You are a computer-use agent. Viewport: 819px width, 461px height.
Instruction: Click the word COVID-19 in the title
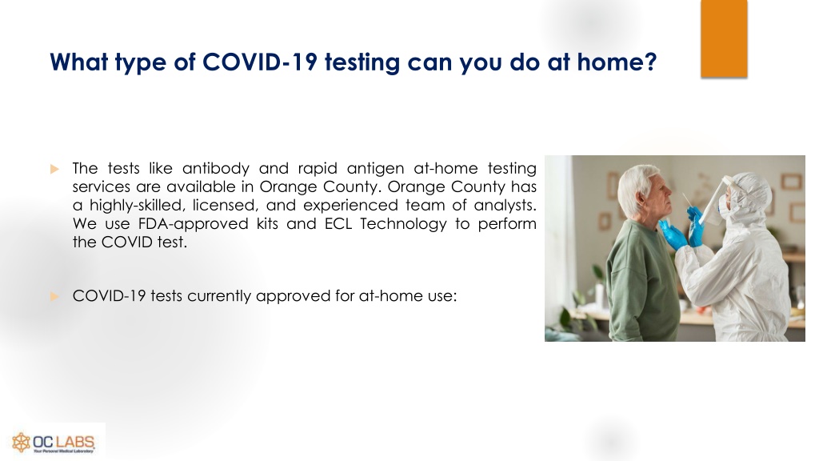(260, 62)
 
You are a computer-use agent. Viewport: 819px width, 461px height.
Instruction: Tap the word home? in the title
(617, 62)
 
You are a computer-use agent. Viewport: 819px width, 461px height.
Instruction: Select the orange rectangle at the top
(724, 38)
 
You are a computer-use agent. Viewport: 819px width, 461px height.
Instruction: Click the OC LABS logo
(54, 442)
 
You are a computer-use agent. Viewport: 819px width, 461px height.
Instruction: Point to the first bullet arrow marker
(54, 169)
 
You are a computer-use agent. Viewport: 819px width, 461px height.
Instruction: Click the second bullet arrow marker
(54, 296)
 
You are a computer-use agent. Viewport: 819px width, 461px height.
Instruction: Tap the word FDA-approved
(193, 224)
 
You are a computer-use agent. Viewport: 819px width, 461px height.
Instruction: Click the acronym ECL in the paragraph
(338, 224)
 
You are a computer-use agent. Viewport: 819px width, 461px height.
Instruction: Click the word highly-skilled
(138, 206)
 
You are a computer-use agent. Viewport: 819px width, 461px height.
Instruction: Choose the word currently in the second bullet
(219, 296)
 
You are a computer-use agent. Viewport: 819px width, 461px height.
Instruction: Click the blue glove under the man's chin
(673, 235)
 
